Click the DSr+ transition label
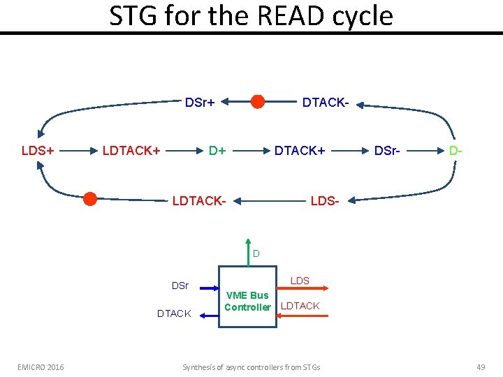199,103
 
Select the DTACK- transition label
326,103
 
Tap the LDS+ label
38,150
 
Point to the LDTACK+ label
131,150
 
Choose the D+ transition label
218,150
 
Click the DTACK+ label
299,150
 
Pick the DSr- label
388,150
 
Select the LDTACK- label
199,202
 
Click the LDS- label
325,202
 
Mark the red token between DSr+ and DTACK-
258,102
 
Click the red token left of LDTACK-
90,199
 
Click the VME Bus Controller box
247,297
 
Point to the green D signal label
256,253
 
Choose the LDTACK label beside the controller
300,306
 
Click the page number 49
480,367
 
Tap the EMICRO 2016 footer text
41,367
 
